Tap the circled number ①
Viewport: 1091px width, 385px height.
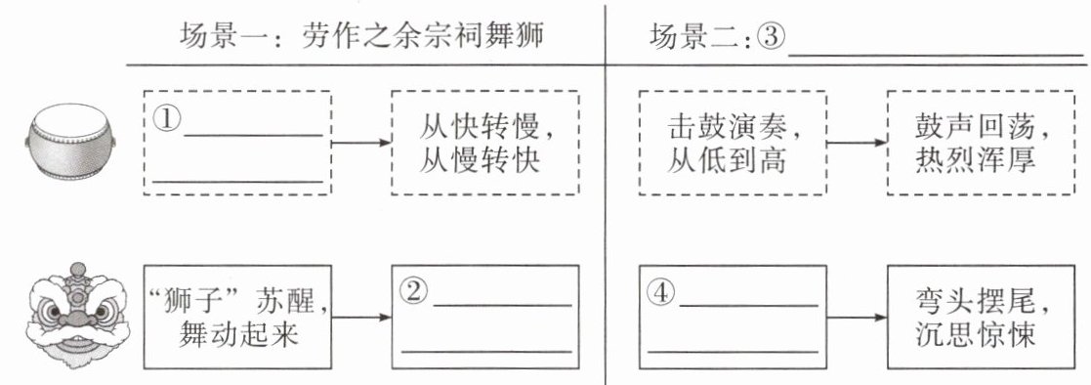click(166, 119)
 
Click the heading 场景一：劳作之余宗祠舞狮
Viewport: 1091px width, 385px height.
click(361, 35)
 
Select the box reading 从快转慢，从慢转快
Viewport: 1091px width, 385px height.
click(485, 143)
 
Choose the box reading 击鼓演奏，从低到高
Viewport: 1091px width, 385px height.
click(733, 143)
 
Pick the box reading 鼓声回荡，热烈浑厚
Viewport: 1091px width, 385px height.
click(981, 143)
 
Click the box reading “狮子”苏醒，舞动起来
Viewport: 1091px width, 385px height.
click(237, 317)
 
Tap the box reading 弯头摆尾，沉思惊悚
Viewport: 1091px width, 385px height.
click(981, 317)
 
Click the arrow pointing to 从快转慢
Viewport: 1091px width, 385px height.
click(361, 143)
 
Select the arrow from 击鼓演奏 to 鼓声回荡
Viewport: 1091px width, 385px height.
click(858, 143)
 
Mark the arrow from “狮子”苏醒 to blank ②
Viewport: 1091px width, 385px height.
click(361, 318)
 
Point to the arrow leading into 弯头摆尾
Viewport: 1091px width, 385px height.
click(858, 318)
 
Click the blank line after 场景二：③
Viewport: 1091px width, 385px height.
click(936, 55)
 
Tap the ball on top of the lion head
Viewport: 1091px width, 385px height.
click(78, 268)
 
